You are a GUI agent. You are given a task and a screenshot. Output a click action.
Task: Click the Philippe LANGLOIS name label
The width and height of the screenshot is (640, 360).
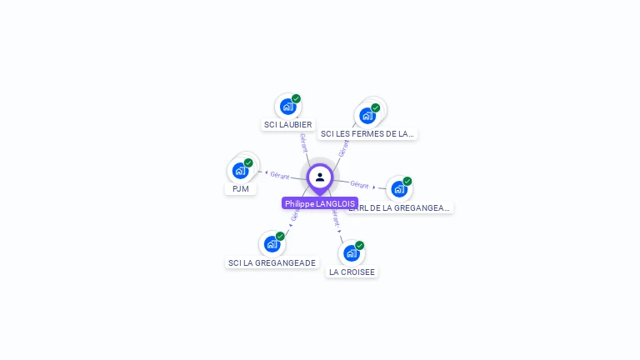[x=320, y=203]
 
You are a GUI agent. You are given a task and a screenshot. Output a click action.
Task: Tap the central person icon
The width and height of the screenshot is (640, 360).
[x=320, y=177]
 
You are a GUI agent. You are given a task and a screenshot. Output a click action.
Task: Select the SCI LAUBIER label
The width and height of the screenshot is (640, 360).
[x=287, y=125]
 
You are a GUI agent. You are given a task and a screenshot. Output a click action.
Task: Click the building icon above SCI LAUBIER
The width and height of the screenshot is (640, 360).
[x=287, y=107]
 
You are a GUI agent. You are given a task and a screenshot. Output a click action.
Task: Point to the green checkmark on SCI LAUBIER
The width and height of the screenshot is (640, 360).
[x=296, y=98]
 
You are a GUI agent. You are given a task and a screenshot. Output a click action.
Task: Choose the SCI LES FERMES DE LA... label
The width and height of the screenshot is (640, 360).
[x=367, y=133]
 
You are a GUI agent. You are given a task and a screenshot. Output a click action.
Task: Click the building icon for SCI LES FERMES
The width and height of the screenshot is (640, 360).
[x=367, y=115]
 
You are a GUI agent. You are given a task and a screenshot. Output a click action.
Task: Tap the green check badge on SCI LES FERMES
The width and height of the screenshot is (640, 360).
[x=376, y=107]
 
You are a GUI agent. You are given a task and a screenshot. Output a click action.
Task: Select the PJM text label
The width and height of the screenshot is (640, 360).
[x=241, y=189]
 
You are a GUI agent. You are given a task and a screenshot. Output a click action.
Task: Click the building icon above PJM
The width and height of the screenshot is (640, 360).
[x=240, y=171]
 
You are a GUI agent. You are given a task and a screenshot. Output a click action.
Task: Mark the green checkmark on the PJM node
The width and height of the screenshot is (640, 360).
[x=248, y=162]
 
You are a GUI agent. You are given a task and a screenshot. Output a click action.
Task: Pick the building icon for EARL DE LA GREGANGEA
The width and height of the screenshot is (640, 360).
[x=398, y=189]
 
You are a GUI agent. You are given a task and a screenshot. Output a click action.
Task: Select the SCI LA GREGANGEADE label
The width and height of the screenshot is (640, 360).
[x=272, y=262]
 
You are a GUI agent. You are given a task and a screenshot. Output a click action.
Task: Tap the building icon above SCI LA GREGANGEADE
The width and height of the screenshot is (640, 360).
[x=272, y=244]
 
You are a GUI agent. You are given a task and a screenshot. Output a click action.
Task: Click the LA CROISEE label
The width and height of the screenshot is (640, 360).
[x=352, y=272]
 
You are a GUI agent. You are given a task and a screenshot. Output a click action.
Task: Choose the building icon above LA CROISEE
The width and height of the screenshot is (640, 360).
[x=351, y=253]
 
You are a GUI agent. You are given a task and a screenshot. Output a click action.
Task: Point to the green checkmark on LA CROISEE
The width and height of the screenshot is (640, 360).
[x=359, y=245]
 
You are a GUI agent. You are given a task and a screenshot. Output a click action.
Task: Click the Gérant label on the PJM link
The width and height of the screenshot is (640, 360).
[x=279, y=175]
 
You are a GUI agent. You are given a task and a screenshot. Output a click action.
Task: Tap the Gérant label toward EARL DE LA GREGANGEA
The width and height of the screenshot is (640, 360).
[x=359, y=184]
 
